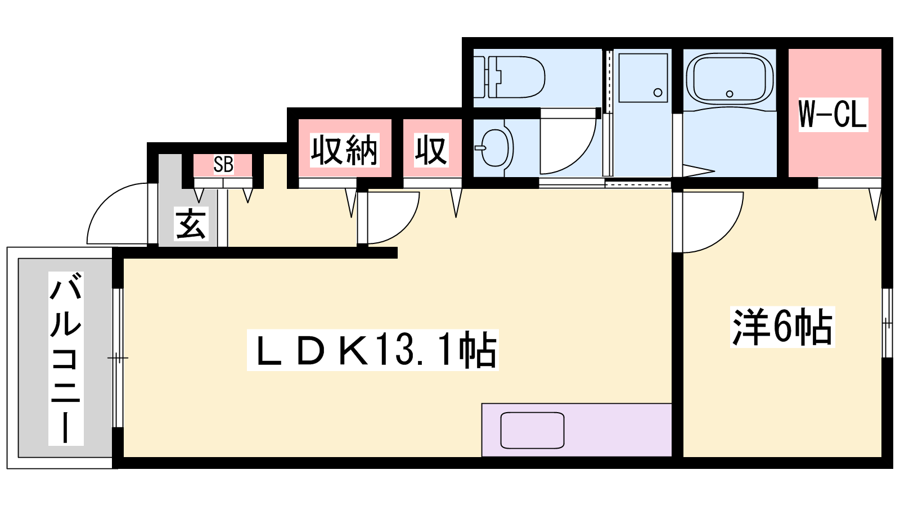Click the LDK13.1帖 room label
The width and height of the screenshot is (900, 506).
click(x=372, y=350)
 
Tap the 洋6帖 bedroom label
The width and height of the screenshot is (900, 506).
click(x=782, y=327)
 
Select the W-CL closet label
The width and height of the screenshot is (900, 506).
click(x=833, y=115)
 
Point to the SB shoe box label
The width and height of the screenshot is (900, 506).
click(x=223, y=164)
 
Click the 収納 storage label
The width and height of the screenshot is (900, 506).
click(x=344, y=150)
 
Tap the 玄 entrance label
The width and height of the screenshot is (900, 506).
click(x=191, y=224)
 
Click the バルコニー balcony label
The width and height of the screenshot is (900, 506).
click(x=66, y=358)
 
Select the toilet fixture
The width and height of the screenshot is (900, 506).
click(x=509, y=76)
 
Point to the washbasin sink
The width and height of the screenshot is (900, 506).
click(x=494, y=148)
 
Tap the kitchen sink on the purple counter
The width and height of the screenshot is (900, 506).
click(x=532, y=430)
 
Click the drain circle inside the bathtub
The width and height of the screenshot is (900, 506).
click(x=730, y=94)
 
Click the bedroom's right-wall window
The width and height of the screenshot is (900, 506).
click(x=886, y=323)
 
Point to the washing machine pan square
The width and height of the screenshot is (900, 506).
click(x=643, y=78)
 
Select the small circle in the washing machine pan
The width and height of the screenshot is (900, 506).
click(x=658, y=92)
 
